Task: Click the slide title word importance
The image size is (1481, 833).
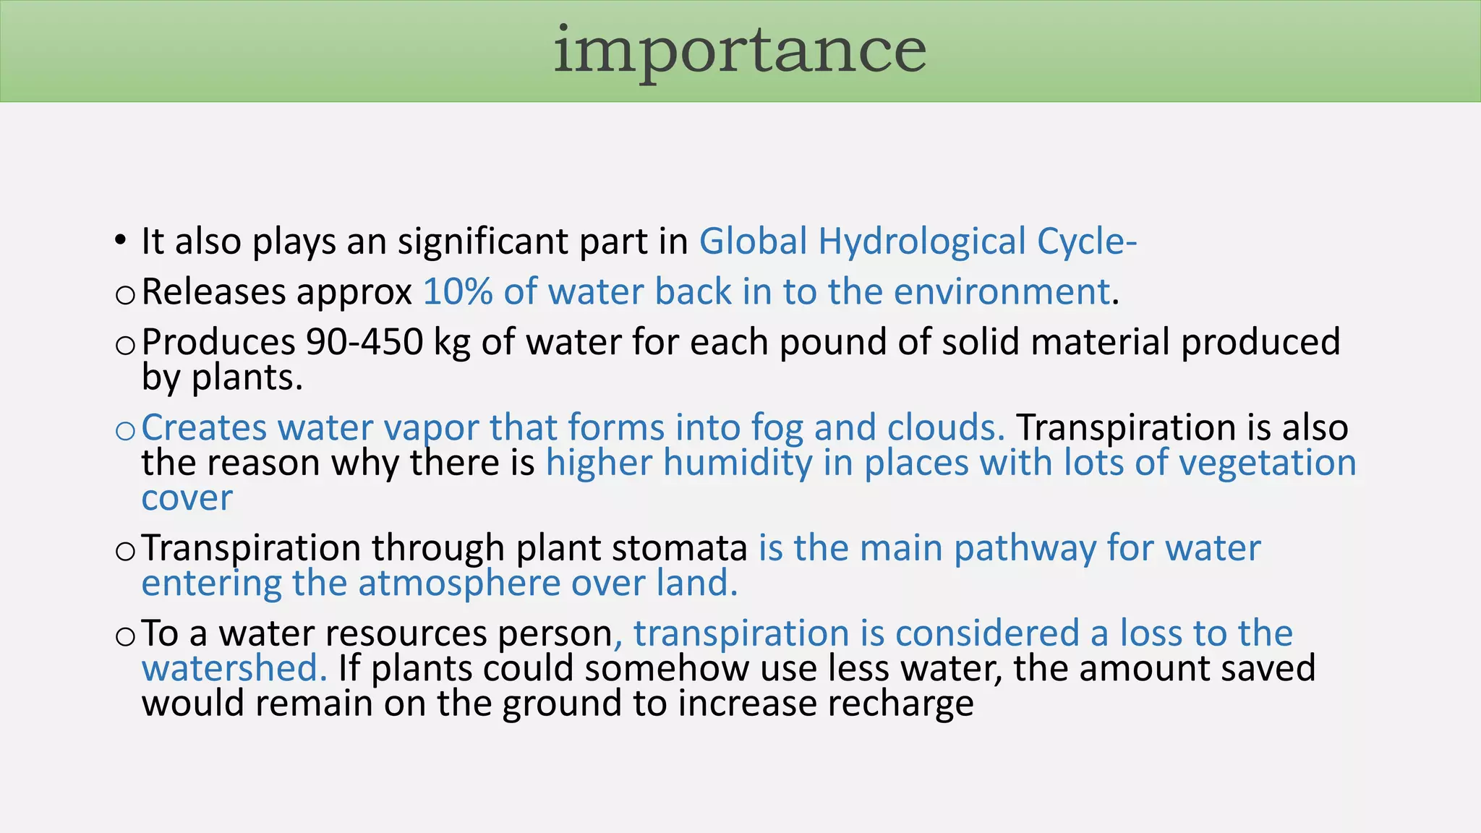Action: tap(739, 51)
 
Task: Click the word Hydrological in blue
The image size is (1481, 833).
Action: tap(922, 242)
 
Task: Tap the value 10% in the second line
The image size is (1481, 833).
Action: tap(457, 292)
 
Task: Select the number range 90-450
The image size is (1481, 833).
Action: tap(364, 342)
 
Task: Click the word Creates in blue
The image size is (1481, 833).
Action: tap(203, 427)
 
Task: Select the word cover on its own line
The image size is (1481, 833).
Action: tap(187, 498)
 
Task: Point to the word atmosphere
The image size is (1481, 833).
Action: tap(459, 584)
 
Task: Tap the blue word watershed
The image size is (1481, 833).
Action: tap(229, 668)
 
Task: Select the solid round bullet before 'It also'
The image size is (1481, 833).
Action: tap(121, 241)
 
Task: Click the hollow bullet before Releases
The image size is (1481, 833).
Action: tap(124, 295)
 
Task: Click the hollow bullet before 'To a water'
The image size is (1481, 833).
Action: tap(124, 636)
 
